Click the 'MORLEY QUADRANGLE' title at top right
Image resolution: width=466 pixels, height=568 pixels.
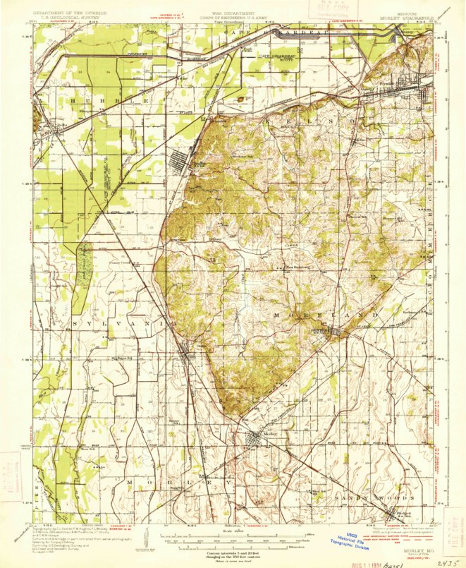coord(407,19)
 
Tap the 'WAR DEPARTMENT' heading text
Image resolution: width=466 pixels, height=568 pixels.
coord(233,13)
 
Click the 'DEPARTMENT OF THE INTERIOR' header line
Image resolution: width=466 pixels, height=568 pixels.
coord(64,13)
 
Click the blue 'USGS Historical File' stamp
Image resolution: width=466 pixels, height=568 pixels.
coord(351,539)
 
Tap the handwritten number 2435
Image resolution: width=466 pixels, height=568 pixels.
coord(446,562)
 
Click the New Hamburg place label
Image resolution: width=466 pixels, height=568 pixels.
coord(299,267)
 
